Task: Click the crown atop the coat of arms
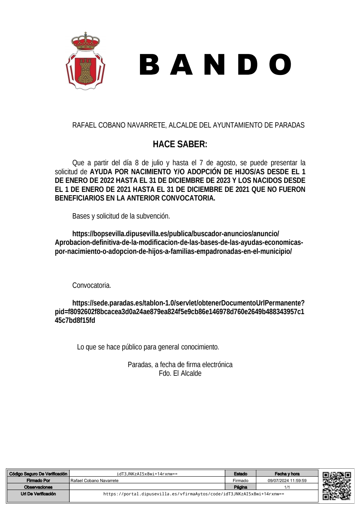pos(85,42)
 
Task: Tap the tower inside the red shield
pos(86,71)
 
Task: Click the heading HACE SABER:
pos(180,144)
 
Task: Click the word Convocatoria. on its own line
pos(92,285)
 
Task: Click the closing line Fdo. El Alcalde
pos(180,373)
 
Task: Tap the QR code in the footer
pos(337,486)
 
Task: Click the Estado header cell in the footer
pos(240,474)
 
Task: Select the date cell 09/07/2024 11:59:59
pos(287,481)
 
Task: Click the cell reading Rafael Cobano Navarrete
pos(95,481)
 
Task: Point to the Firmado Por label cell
pos(38,481)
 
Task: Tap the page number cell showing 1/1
pos(287,487)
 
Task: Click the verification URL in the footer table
pos(194,494)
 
